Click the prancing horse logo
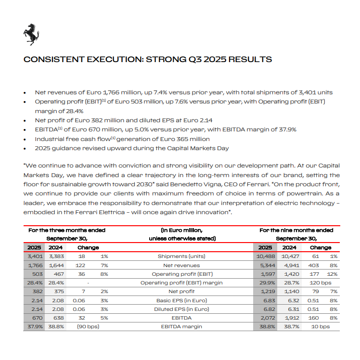pyautogui.click(x=31, y=34)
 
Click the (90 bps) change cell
pyautogui.click(x=88, y=326)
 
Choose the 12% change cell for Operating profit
pyautogui.click(x=332, y=274)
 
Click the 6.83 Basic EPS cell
pyautogui.click(x=266, y=300)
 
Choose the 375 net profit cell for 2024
pyautogui.click(x=57, y=292)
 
